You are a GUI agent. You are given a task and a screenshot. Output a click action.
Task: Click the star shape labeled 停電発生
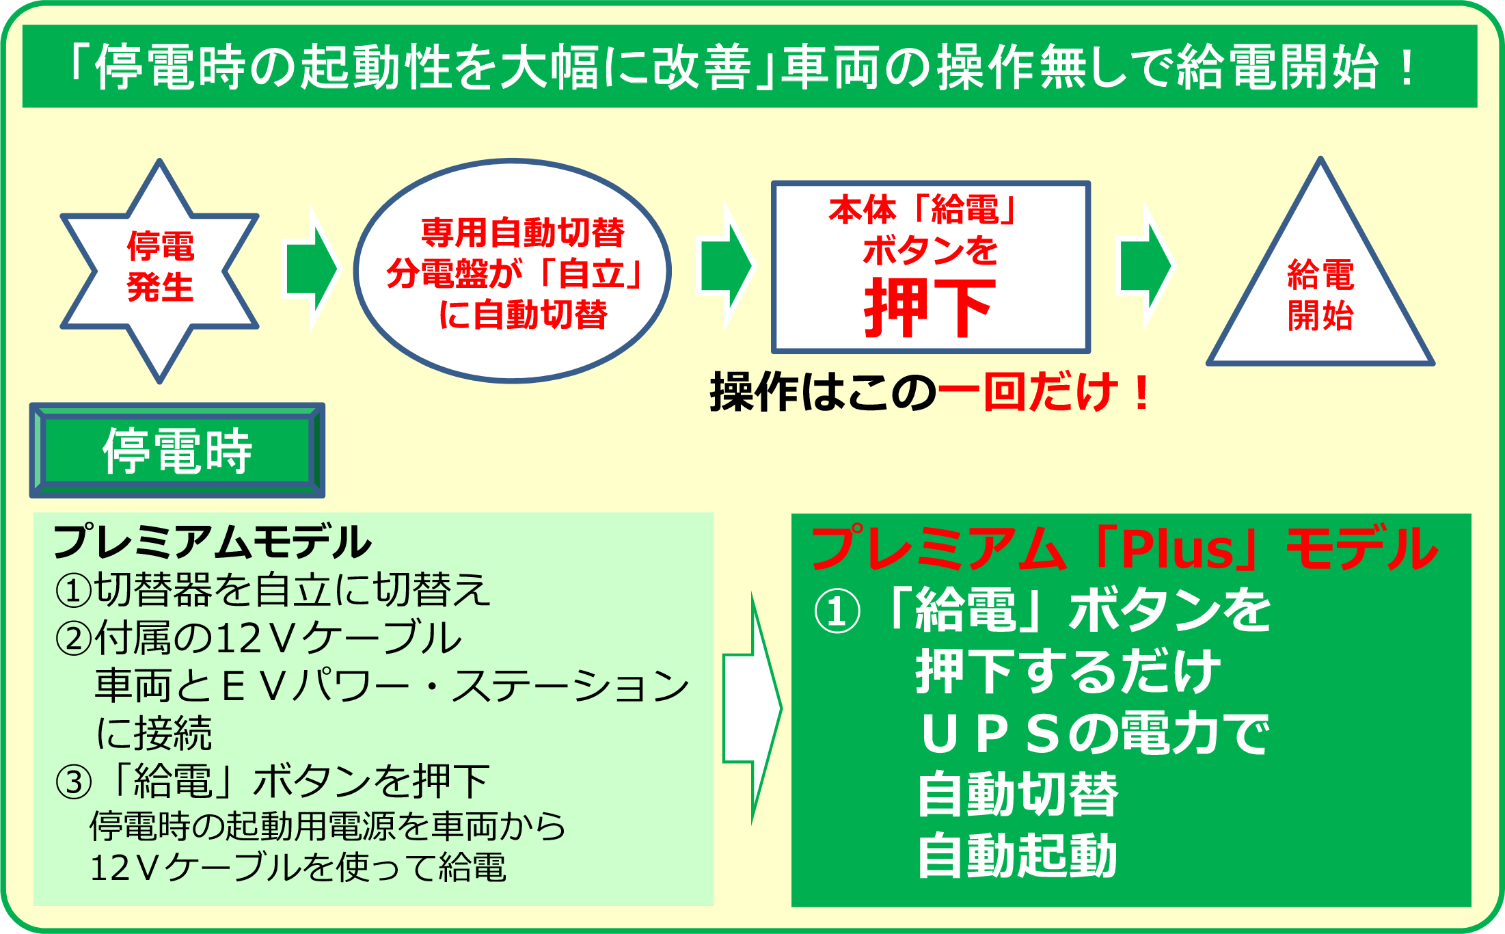159,271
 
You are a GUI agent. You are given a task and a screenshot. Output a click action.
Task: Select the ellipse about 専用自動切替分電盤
513,271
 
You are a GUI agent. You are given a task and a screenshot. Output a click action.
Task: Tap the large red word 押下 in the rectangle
930,308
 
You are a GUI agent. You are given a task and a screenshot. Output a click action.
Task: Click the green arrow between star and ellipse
311,268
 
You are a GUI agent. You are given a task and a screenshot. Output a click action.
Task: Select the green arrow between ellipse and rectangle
725,266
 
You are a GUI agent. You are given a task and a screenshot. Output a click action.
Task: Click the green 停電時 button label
177,451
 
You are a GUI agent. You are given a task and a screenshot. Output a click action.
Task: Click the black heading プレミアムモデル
212,542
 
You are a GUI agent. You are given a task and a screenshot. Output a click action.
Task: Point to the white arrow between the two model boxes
752,708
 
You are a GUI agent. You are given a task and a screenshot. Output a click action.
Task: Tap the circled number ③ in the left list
73,782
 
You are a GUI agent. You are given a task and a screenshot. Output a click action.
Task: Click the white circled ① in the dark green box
837,611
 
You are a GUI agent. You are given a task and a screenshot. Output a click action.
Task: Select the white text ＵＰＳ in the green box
991,734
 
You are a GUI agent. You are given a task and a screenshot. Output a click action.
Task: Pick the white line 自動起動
1017,855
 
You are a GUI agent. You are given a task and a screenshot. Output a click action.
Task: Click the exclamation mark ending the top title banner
1407,67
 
